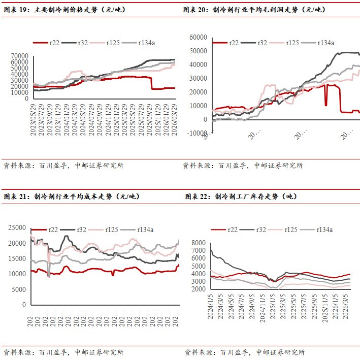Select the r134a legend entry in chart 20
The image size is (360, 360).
pyautogui.click(x=325, y=43)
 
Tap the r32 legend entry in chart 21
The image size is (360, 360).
pyautogui.click(x=81, y=230)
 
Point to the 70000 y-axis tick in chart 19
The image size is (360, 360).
pyautogui.click(x=19, y=55)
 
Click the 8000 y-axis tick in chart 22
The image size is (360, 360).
pyautogui.click(x=198, y=244)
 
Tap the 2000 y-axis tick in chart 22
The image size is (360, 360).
pyautogui.click(x=198, y=289)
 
